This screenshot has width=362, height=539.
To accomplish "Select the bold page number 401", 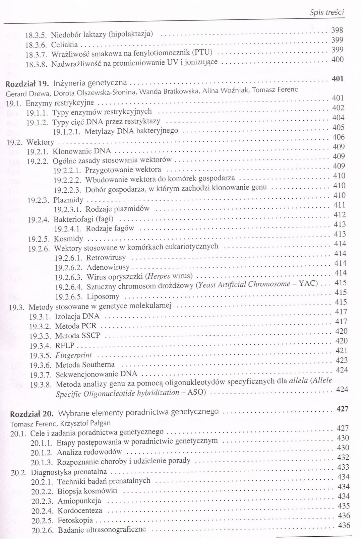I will (338, 79).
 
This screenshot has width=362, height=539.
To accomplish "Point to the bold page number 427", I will (342, 409).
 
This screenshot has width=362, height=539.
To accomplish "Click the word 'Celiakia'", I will (64, 45).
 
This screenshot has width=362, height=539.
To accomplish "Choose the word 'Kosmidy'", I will (68, 239).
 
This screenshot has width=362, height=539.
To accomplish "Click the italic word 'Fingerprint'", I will (73, 355).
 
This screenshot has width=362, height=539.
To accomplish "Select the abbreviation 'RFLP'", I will (65, 345).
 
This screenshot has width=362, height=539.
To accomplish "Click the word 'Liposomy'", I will (103, 297).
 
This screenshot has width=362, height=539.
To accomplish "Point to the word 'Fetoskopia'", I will (75, 521).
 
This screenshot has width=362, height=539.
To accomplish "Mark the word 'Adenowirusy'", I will (108, 268).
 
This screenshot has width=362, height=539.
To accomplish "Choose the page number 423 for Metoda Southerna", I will (342, 360).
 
